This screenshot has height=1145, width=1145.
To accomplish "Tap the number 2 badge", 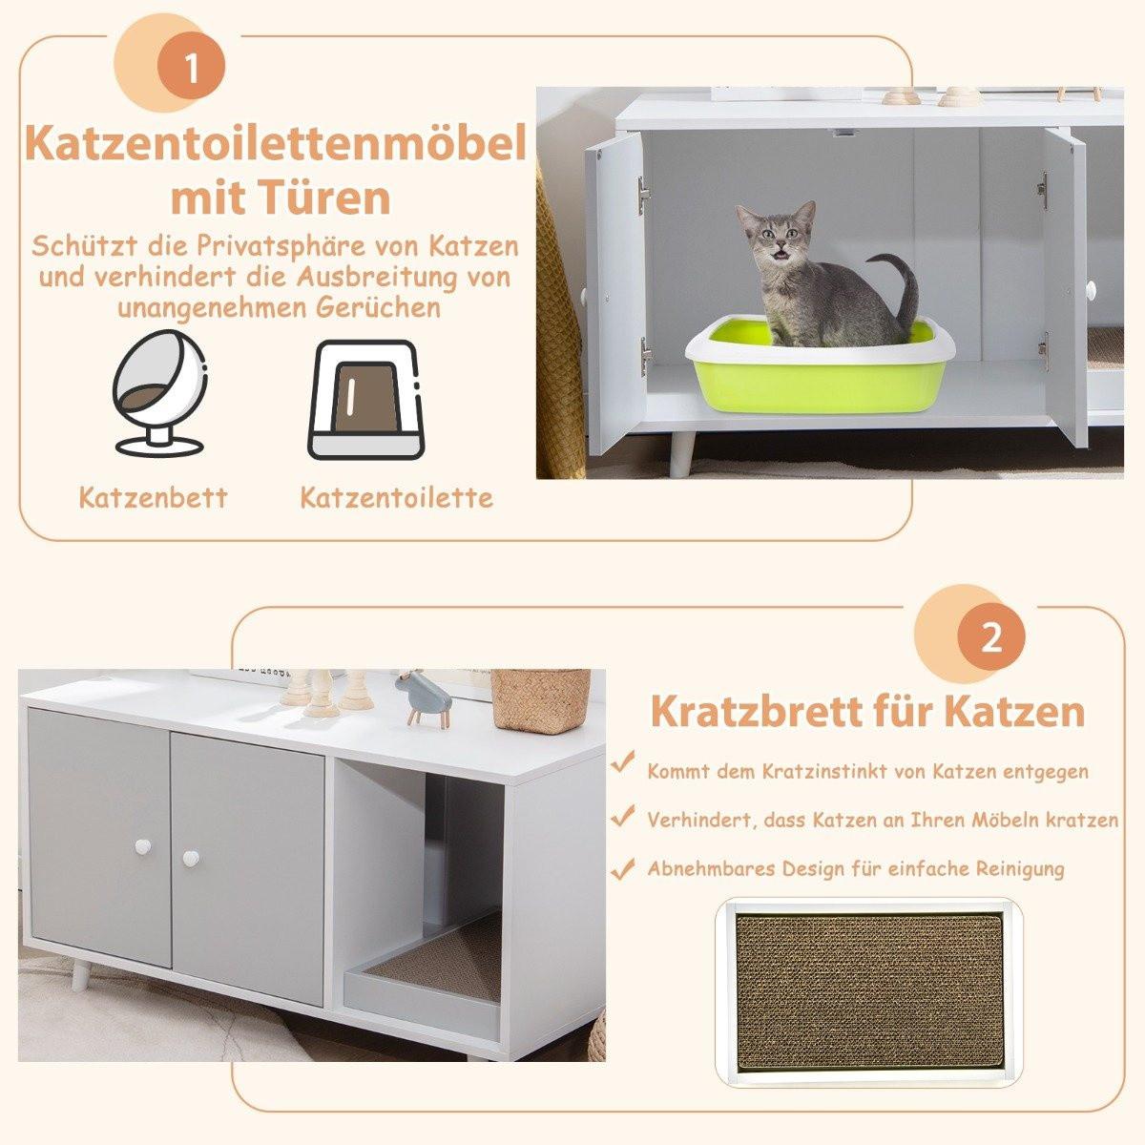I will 992,636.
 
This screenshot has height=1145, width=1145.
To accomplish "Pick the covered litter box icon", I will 362,400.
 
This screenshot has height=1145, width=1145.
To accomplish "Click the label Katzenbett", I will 154,497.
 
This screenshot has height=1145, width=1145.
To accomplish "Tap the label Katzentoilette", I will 396,497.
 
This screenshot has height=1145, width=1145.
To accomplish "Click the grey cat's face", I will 775,236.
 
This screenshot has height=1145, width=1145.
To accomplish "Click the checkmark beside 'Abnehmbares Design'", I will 623,868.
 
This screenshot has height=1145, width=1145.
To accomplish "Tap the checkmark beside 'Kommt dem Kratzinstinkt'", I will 623,763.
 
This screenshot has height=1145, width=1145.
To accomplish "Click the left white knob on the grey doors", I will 144,845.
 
